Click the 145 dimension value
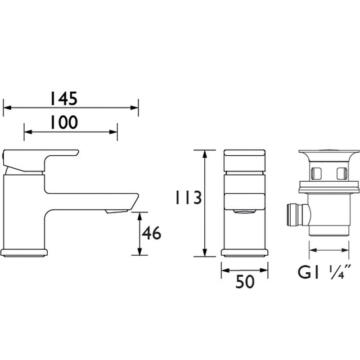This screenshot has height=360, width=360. coord(63,99)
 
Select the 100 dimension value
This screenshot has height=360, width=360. coord(63,122)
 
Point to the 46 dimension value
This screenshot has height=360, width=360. coord(151,234)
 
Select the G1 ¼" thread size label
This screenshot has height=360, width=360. coord(324,273)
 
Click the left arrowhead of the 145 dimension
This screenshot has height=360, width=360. coord(6,108)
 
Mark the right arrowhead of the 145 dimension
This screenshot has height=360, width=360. coord(135,108)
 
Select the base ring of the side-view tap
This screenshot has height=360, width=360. coord(25,252)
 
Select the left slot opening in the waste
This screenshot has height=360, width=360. coord(316,171)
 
